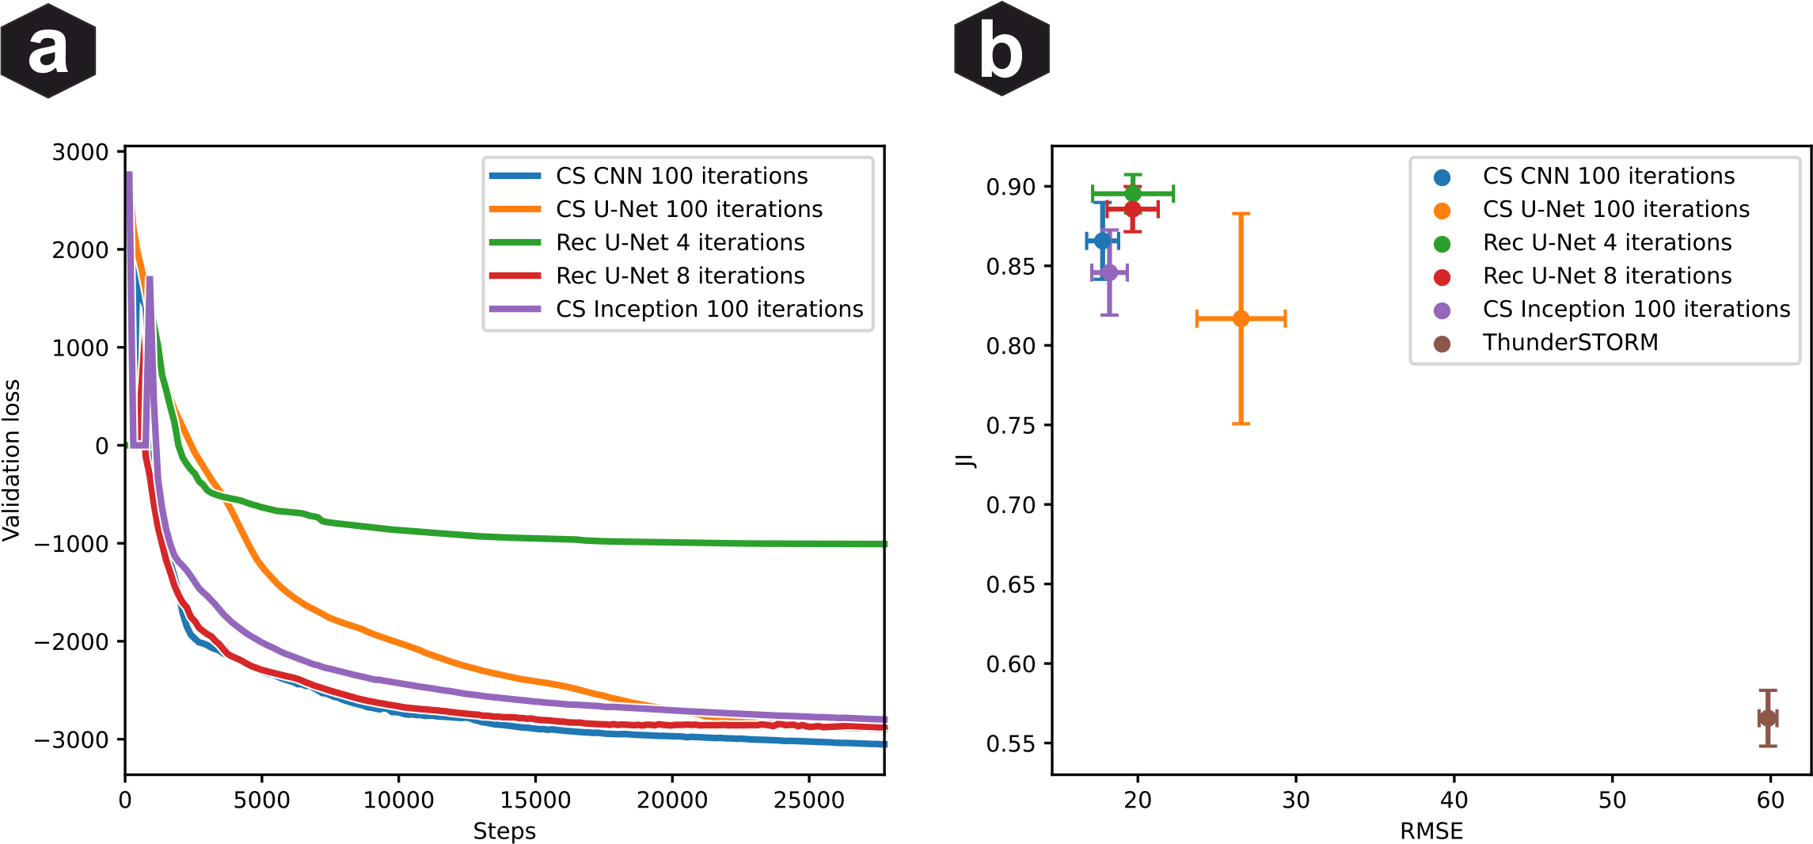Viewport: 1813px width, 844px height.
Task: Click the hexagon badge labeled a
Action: tap(48, 51)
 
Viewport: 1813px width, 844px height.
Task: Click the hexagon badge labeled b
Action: tap(1002, 50)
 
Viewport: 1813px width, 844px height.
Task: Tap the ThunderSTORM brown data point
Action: tap(1768, 718)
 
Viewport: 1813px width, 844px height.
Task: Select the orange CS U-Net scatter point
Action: tap(1241, 318)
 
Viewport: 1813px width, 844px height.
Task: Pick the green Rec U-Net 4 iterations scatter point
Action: tap(1133, 193)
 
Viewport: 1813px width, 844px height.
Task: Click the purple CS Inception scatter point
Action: tap(1109, 272)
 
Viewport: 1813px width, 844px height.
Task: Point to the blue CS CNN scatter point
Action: tap(1102, 241)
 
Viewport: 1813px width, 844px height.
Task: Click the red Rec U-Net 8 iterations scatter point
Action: tap(1133, 209)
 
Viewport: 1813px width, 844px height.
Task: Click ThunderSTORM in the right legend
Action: tap(1569, 343)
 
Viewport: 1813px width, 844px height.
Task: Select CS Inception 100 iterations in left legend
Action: tap(709, 310)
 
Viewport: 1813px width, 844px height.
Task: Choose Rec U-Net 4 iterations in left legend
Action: tap(679, 243)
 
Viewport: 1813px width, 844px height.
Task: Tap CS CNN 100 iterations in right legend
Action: tap(1607, 177)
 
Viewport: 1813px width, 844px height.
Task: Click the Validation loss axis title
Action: tap(11, 460)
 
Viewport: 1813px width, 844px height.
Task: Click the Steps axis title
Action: tap(504, 831)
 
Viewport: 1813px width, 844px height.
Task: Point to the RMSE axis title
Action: tap(1431, 831)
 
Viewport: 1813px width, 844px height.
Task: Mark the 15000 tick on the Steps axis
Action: tap(535, 800)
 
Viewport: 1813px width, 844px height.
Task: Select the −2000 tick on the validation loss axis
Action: tap(71, 642)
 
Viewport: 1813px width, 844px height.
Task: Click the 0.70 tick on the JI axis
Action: tap(1010, 505)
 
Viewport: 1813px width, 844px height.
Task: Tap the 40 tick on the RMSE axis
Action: tap(1454, 800)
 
